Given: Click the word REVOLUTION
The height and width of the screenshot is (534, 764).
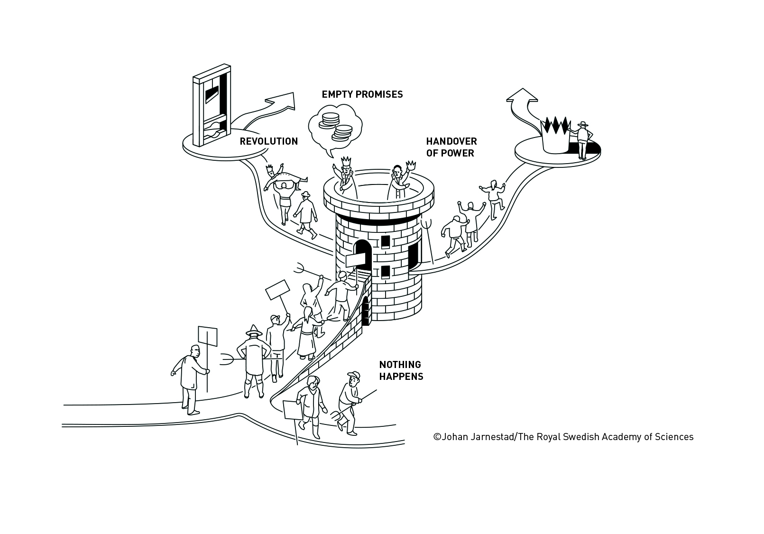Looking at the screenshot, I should pos(268,141).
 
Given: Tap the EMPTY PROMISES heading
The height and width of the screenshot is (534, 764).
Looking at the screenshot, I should pos(362,94).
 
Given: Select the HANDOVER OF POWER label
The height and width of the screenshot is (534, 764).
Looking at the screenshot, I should pos(451,147).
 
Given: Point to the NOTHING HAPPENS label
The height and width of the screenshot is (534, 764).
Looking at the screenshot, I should pos(401,370).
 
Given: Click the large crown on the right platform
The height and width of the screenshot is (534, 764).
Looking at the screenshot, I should pos(554,136).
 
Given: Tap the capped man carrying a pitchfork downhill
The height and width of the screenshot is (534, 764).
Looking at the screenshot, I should pos(350,401).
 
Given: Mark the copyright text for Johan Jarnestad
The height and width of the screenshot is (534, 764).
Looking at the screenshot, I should pos(563,437).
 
